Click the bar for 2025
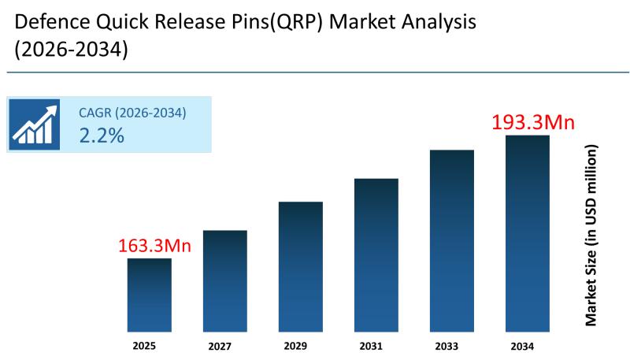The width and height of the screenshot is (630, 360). (x=149, y=295)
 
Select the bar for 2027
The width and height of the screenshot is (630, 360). (x=224, y=280)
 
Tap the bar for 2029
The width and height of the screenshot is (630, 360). (x=300, y=266)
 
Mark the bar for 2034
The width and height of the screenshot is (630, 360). (x=527, y=233)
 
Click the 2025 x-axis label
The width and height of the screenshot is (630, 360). (x=149, y=345)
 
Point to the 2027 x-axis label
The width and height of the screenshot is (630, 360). (x=224, y=346)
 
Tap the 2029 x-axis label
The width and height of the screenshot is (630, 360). (x=300, y=346)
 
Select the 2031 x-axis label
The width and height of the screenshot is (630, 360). (x=376, y=346)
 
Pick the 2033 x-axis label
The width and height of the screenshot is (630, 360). (x=451, y=346)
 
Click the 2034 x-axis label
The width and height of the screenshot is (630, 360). (x=527, y=346)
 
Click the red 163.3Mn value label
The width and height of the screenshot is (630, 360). (x=155, y=246)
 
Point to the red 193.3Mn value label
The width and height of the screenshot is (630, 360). (x=533, y=123)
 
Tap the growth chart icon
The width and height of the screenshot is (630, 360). (x=35, y=124)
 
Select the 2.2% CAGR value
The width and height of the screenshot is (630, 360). (x=102, y=135)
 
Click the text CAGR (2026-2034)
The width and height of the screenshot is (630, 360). (x=132, y=113)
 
